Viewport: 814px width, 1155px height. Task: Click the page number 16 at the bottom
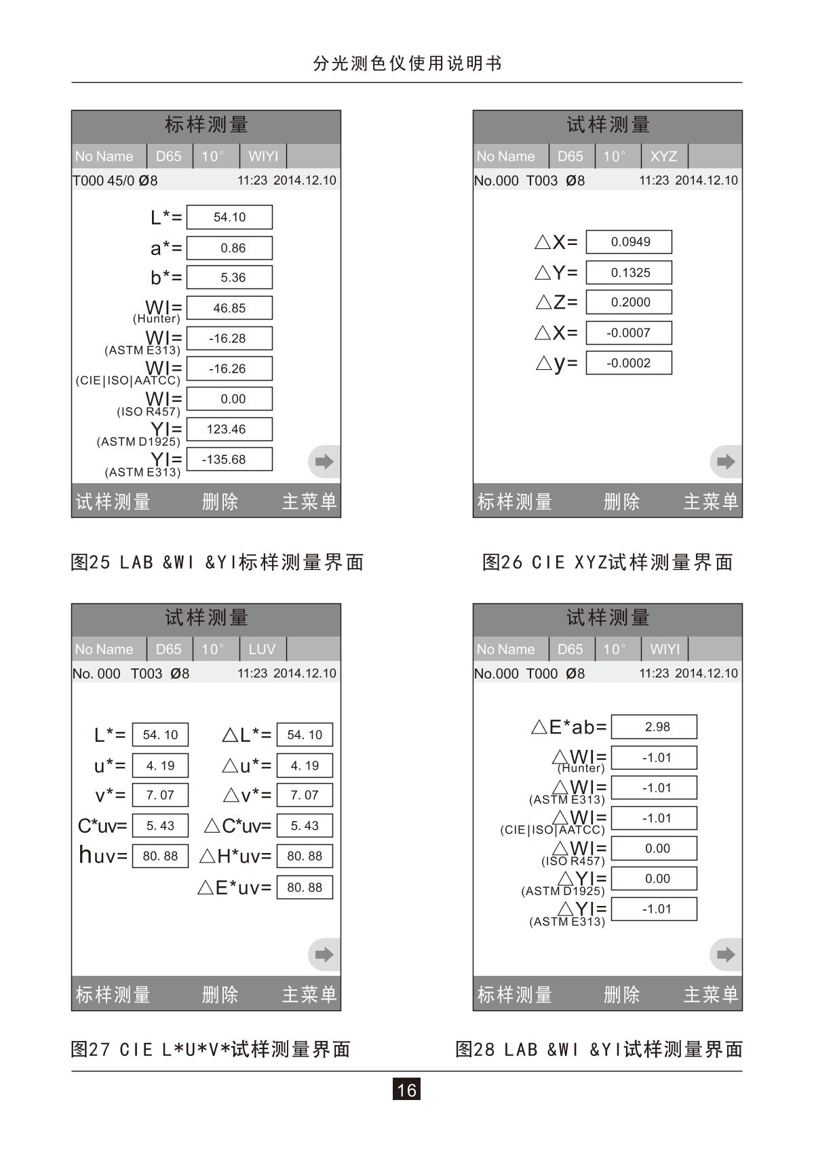coord(406,1089)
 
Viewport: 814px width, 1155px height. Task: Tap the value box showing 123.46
coord(229,429)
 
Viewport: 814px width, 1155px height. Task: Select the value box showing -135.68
coord(229,459)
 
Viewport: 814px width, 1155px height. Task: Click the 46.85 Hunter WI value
coord(229,308)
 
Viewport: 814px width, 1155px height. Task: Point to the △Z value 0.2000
coord(629,302)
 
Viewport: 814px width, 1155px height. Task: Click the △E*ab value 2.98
coord(654,727)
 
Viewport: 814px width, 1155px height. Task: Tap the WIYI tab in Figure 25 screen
coord(263,156)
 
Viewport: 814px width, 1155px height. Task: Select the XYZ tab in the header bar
coord(663,156)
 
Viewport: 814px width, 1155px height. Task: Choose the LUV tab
coord(262,649)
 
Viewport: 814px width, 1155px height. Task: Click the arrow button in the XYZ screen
coord(726,462)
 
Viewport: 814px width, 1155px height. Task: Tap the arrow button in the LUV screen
coord(324,955)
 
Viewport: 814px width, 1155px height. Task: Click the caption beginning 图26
coord(608,562)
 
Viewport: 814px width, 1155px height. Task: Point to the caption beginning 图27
coord(210,1049)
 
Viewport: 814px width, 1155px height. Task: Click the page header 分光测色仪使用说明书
coord(407,64)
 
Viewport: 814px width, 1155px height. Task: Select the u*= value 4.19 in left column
coord(160,765)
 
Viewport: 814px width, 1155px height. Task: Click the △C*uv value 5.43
coord(305,826)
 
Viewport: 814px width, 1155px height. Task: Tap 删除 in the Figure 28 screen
coord(622,995)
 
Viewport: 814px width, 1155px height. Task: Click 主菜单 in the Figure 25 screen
coord(309,502)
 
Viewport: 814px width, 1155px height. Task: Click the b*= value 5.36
coord(229,278)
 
